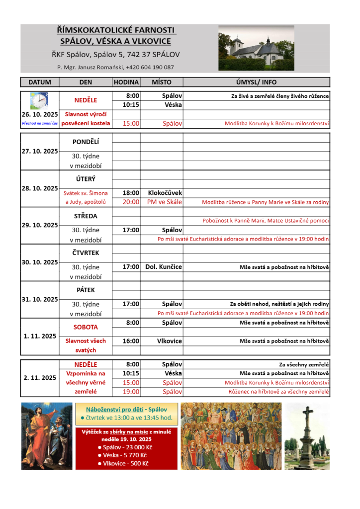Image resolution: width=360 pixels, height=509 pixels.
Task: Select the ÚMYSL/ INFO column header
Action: pos(256,82)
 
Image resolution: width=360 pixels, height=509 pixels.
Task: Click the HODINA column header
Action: pos(126,82)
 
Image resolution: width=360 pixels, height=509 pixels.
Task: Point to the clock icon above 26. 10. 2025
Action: pos(39,101)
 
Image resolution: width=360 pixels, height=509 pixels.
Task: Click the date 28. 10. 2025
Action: pos(40,188)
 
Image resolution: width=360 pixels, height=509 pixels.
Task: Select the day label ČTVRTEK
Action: pos(86,253)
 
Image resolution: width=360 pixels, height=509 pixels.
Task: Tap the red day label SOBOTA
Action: pos(86,327)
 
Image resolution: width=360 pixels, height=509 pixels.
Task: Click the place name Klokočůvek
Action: pos(165,193)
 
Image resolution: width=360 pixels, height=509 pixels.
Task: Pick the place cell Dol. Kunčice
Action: pos(164,267)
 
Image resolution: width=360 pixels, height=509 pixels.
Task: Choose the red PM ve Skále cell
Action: pos(165,202)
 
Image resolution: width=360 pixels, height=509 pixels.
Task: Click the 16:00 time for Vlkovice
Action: pos(131,341)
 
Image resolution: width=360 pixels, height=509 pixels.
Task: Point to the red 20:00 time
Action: pos(131,202)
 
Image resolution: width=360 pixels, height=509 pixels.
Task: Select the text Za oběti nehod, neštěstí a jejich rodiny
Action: pos(279,304)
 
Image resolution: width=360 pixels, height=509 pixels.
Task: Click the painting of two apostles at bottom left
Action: pos(47,435)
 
